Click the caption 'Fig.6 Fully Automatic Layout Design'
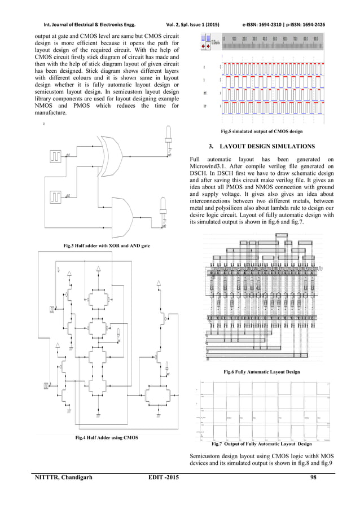[x=261, y=372]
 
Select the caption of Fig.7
[x=261, y=444]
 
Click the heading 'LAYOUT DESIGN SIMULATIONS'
[x=266, y=147]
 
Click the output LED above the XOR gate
[x=168, y=134]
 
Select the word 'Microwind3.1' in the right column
[x=209, y=168]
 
